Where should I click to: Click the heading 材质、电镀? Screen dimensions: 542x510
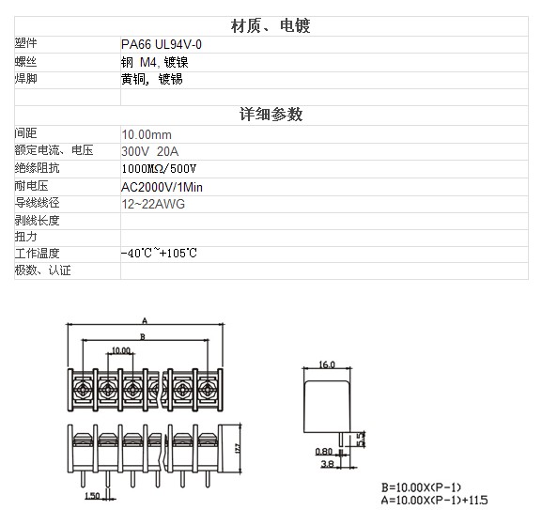point(271,26)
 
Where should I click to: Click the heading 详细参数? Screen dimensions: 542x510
point(271,115)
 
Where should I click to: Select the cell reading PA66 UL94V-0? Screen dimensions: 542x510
point(162,44)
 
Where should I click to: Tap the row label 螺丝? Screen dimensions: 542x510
point(25,62)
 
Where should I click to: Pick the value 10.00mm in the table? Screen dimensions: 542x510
point(147,134)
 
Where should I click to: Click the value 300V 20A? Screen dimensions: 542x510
point(150,151)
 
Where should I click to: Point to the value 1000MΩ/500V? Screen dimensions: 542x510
point(159,169)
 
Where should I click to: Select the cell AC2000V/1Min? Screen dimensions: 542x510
point(162,187)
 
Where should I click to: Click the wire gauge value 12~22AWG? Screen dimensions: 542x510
point(153,204)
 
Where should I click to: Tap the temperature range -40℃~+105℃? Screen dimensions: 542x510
point(159,253)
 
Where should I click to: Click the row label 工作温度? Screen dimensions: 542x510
point(37,254)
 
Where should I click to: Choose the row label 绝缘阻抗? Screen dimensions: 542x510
point(37,168)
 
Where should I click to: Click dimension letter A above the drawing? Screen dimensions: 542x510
point(145,320)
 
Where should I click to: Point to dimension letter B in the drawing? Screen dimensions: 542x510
point(143,336)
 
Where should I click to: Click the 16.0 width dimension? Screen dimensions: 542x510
point(327,364)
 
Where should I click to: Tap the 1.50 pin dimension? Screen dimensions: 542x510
point(92,496)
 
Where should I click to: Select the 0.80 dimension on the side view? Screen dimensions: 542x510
point(323,452)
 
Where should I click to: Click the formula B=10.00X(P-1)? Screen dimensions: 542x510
point(421,487)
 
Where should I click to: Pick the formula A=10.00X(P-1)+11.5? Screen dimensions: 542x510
point(435,500)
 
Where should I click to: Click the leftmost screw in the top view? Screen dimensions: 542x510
point(83,390)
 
